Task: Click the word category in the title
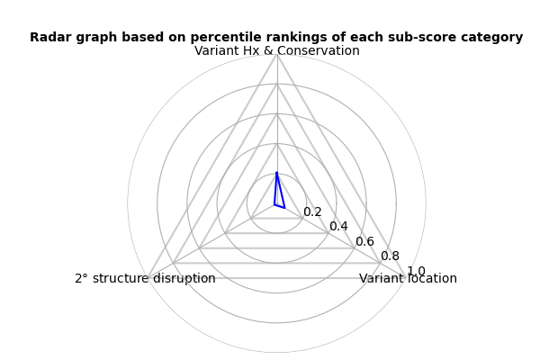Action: [x=487, y=38]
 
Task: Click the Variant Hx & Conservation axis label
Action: [x=277, y=50]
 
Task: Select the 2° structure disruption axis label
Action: [x=145, y=278]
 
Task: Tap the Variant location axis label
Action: [x=408, y=278]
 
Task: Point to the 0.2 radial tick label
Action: [x=312, y=211]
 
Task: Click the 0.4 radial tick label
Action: [x=338, y=226]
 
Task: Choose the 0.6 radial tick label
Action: [x=364, y=241]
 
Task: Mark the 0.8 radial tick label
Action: [x=391, y=256]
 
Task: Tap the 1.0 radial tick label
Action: [x=416, y=271]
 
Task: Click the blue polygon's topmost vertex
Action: [x=276, y=172]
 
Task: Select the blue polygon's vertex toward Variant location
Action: [x=284, y=208]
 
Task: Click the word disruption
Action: [x=184, y=278]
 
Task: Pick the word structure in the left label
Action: [x=121, y=278]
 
